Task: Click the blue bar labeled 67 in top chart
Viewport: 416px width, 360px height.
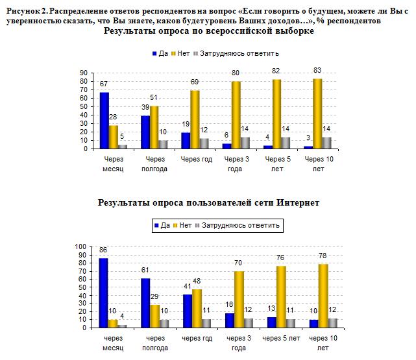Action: pyautogui.click(x=104, y=121)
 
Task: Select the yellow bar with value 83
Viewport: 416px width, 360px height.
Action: pyautogui.click(x=317, y=114)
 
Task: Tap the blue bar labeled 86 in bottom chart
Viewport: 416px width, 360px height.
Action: pyautogui.click(x=103, y=293)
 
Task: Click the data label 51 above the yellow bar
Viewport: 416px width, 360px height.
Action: pyautogui.click(x=154, y=98)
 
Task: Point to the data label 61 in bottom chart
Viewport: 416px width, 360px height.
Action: pyautogui.click(x=145, y=270)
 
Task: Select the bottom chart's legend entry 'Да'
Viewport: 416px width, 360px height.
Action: pyautogui.click(x=164, y=225)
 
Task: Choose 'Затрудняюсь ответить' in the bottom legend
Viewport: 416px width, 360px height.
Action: pyautogui.click(x=240, y=225)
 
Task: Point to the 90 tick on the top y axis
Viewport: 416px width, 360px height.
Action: pyautogui.click(x=84, y=73)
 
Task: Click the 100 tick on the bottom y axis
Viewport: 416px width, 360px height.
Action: pyautogui.click(x=80, y=246)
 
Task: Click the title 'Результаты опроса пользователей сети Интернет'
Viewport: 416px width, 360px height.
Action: pyautogui.click(x=208, y=203)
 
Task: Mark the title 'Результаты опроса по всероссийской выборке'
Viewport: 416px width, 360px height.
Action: pyautogui.click(x=208, y=31)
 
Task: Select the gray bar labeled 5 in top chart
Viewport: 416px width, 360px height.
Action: pyautogui.click(x=123, y=147)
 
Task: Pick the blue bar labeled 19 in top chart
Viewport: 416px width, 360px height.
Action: pyautogui.click(x=185, y=141)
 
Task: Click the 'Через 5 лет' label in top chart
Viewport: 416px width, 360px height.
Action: pyautogui.click(x=279, y=163)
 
